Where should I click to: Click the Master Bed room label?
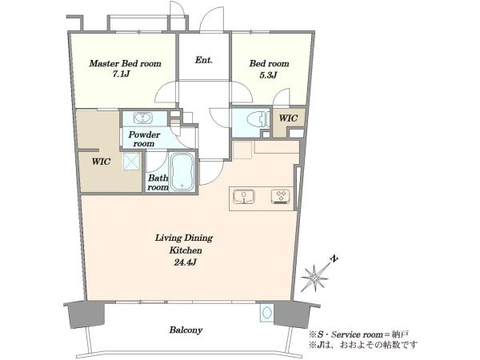125,64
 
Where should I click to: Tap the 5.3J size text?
268,75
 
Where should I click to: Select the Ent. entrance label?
203,60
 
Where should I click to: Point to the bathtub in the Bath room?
182,172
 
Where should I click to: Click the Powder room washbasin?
142,118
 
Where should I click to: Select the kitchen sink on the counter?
244,197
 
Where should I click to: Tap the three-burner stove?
281,197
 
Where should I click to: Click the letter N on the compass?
334,259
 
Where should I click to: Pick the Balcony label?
186,330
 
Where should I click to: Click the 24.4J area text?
185,262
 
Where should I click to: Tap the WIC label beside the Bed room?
288,118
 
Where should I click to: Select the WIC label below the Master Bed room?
101,162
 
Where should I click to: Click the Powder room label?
144,139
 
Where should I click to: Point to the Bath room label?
158,182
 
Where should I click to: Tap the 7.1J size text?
122,75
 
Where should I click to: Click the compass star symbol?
314,278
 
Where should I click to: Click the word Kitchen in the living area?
186,250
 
